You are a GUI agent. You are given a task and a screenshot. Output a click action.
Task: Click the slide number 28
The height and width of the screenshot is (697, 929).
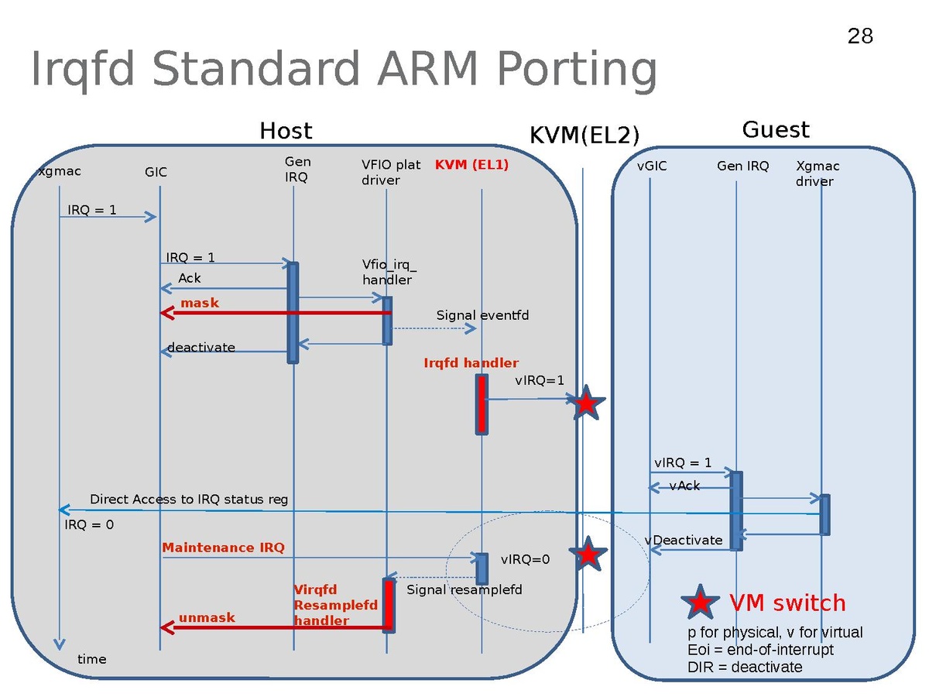pyautogui.click(x=860, y=36)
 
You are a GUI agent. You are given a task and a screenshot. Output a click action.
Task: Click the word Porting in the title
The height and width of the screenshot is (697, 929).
pyautogui.click(x=578, y=69)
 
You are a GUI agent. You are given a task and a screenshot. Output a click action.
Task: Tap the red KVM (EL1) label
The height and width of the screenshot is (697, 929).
pyautogui.click(x=471, y=165)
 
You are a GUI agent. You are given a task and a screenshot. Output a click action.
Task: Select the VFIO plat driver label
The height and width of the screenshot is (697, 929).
pyautogui.click(x=390, y=173)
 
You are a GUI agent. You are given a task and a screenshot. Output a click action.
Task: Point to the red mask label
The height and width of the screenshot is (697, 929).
pyautogui.click(x=200, y=303)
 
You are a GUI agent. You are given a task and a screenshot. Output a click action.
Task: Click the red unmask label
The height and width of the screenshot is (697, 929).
pyautogui.click(x=207, y=618)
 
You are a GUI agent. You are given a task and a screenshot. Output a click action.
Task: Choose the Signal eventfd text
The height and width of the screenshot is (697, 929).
pyautogui.click(x=482, y=315)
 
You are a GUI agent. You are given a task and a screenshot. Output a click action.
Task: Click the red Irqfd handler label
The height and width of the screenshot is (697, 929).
pyautogui.click(x=471, y=362)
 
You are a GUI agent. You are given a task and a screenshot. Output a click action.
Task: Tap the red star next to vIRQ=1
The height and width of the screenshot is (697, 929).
pyautogui.click(x=587, y=403)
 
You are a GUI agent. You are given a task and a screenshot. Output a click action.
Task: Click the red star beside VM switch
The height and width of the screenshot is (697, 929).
pyautogui.click(x=700, y=603)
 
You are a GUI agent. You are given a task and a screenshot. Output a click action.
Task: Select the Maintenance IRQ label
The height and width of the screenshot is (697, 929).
pyautogui.click(x=223, y=548)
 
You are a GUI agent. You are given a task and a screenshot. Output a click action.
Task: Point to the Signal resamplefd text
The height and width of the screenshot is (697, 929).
pyautogui.click(x=464, y=590)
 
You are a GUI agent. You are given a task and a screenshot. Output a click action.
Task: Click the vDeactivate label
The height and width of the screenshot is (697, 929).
pyautogui.click(x=684, y=540)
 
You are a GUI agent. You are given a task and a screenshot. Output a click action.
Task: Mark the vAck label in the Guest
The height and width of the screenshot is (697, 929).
pyautogui.click(x=684, y=486)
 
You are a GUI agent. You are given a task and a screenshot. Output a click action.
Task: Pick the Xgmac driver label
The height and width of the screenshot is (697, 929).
pyautogui.click(x=817, y=173)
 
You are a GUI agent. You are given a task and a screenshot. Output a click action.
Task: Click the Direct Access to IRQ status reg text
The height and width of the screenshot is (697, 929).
pyautogui.click(x=189, y=500)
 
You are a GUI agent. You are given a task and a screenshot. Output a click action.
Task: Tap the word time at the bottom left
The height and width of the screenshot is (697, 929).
pyautogui.click(x=92, y=659)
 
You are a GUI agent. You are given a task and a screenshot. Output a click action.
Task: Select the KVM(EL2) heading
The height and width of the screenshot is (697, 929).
pyautogui.click(x=584, y=136)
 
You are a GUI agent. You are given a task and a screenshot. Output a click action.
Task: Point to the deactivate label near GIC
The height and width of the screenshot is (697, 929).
pyautogui.click(x=201, y=347)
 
